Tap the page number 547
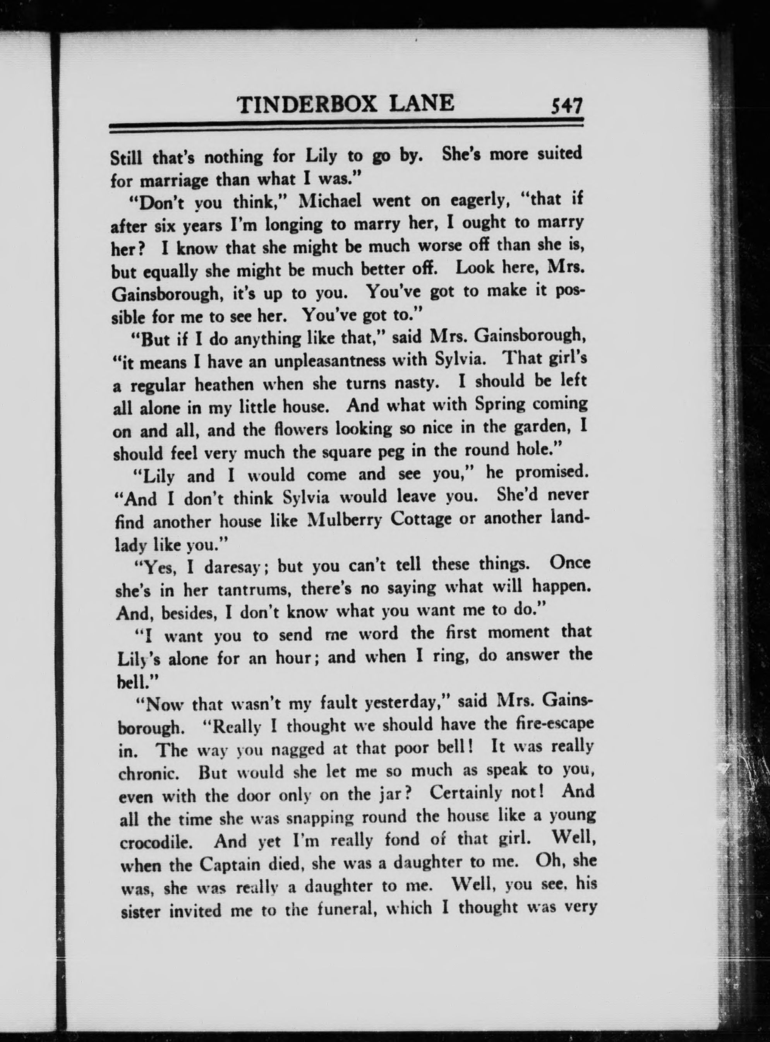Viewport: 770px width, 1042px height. (x=566, y=107)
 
